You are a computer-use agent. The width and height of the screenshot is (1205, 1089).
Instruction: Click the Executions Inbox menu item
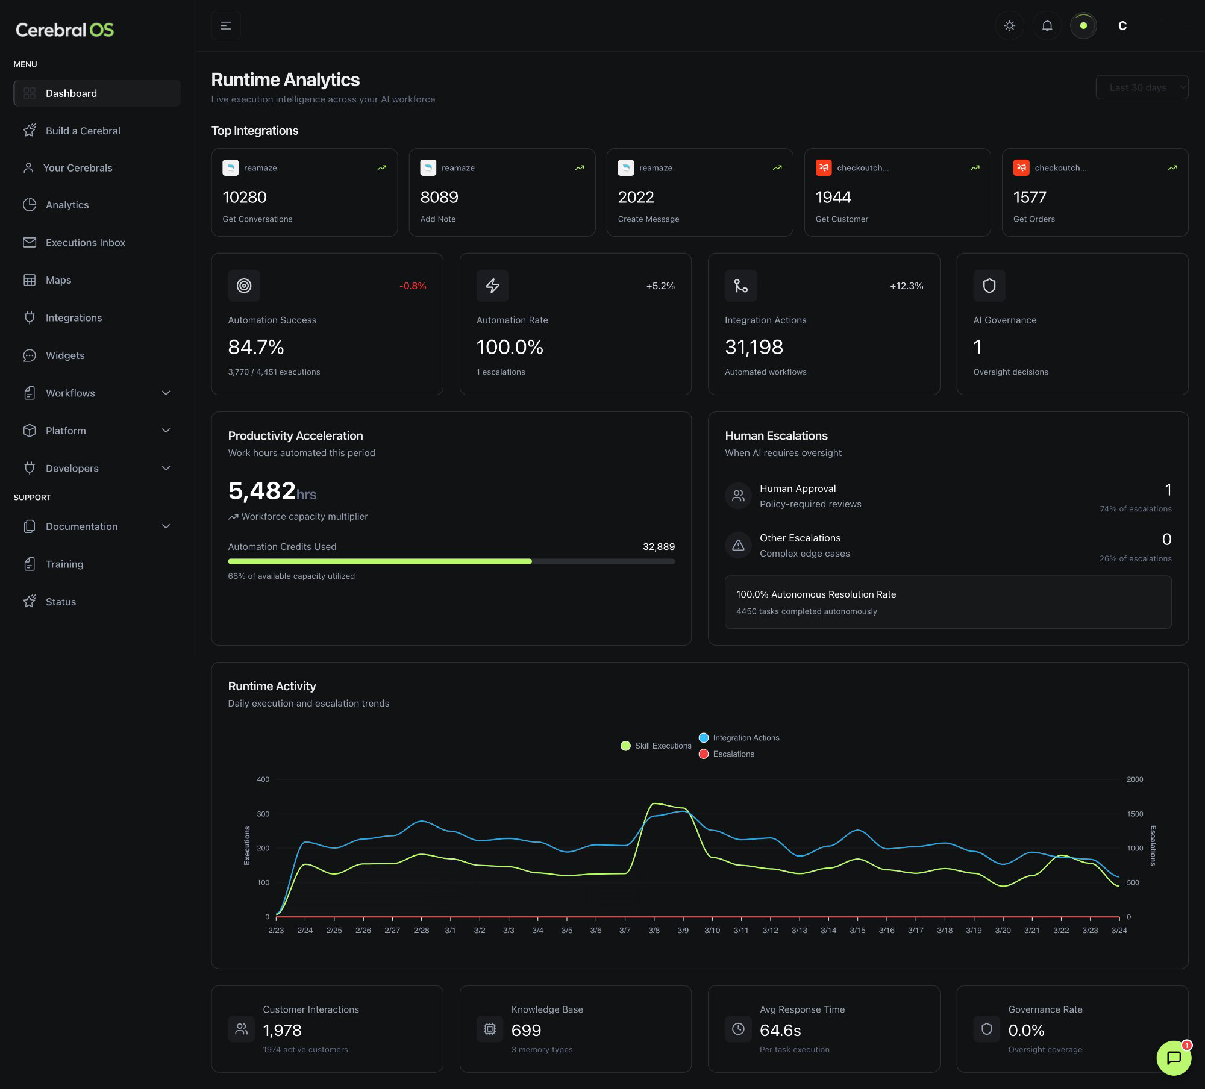(x=85, y=242)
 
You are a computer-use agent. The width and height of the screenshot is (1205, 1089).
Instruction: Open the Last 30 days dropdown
(x=1141, y=87)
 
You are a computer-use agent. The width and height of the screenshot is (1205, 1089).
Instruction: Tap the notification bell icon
(x=1047, y=26)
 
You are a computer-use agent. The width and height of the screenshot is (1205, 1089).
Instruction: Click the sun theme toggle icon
(x=1009, y=26)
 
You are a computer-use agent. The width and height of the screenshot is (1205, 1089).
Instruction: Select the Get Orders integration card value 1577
(x=1029, y=197)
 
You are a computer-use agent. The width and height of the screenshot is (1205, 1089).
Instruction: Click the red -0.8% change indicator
(x=413, y=286)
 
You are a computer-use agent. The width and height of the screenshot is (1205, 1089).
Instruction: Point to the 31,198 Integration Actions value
(x=753, y=347)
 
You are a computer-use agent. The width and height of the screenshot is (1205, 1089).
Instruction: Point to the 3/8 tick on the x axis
(x=654, y=930)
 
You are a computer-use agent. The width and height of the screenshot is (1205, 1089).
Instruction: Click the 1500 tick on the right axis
(x=1135, y=814)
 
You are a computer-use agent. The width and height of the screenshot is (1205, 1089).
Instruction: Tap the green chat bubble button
(x=1173, y=1058)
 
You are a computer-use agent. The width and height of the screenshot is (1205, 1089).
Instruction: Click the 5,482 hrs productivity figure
(x=272, y=491)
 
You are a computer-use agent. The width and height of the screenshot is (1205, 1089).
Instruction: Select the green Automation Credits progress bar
(x=380, y=561)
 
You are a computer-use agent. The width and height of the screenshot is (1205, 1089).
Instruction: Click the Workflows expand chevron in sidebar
(x=166, y=393)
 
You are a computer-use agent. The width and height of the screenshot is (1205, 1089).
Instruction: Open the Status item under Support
(x=60, y=602)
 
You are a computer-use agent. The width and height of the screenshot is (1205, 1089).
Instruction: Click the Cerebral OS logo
(x=64, y=30)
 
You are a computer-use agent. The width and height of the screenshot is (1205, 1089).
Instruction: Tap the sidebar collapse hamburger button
(x=226, y=26)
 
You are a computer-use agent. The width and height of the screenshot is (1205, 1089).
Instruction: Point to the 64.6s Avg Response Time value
(x=780, y=1031)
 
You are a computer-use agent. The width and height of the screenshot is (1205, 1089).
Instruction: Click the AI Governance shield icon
(x=989, y=286)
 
